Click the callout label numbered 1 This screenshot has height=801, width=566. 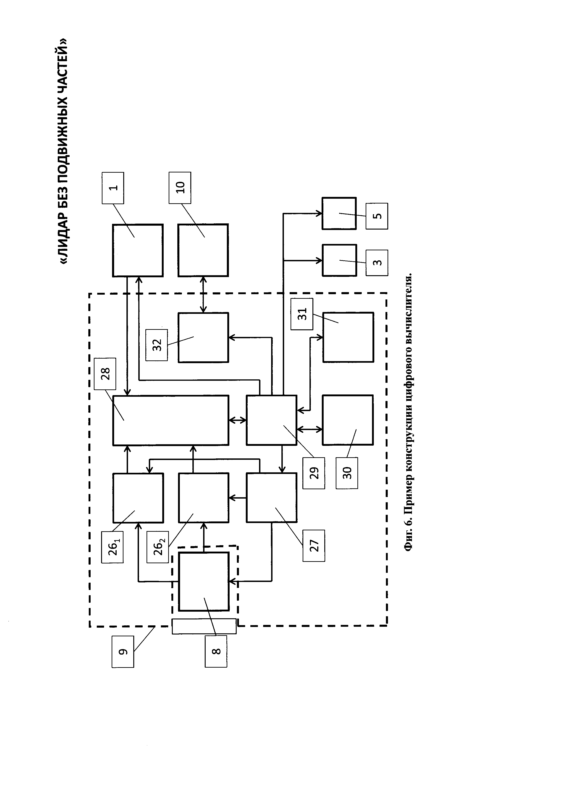coord(113,188)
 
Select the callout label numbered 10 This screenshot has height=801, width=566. coord(180,188)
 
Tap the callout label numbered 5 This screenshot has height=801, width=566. coord(377,216)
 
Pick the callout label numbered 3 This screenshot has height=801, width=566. coord(377,263)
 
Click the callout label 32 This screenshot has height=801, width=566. coord(157,345)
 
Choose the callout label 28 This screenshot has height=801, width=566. coord(105,374)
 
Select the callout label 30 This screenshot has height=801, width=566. coord(347,473)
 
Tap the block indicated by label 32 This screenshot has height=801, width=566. coord(203,337)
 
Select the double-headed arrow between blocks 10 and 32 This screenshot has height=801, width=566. coord(203,294)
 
